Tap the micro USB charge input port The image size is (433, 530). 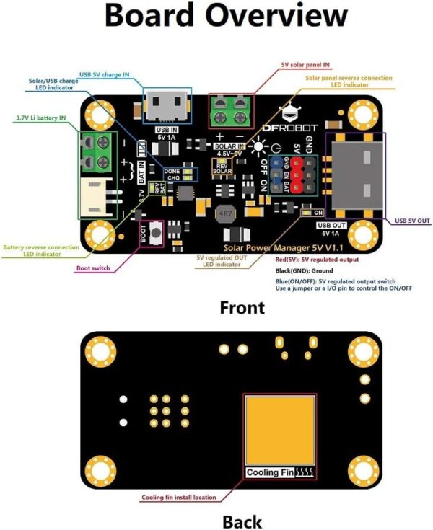(x=167, y=107)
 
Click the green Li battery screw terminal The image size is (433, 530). (x=98, y=152)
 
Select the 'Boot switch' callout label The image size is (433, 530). (x=95, y=268)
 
